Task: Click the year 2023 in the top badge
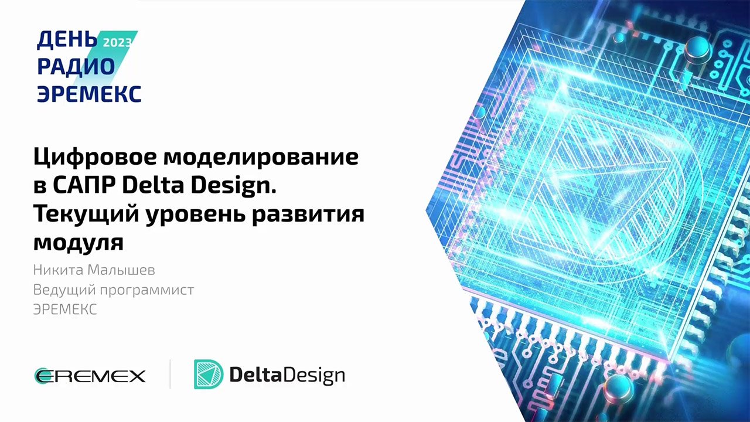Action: point(117,42)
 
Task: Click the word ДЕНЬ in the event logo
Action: point(66,40)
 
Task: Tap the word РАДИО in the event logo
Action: point(76,67)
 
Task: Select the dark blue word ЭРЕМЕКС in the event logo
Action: point(89,93)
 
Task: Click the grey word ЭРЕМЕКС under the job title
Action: point(65,309)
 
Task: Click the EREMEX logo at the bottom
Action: point(90,375)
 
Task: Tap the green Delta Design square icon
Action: point(208,375)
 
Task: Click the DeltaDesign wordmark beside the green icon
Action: point(287,375)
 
